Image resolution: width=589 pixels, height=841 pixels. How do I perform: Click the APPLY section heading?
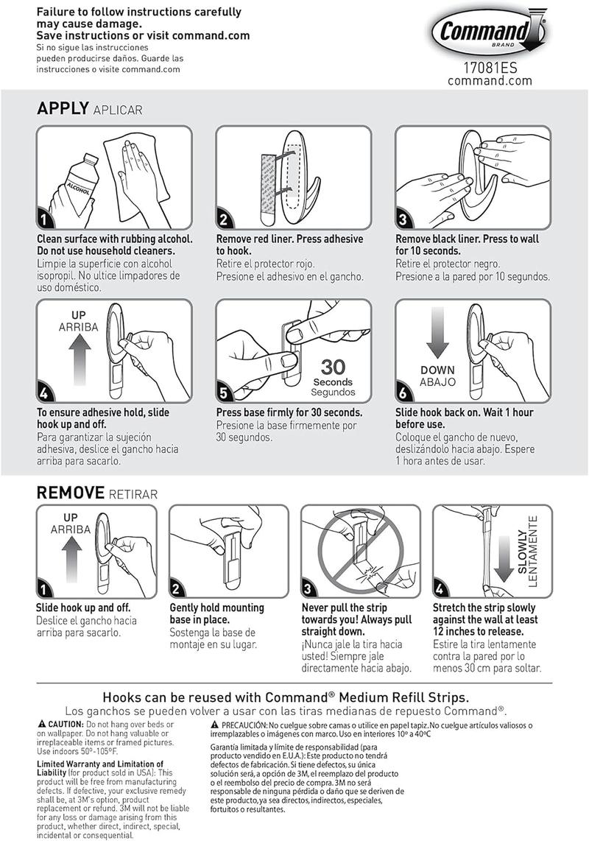[63, 108]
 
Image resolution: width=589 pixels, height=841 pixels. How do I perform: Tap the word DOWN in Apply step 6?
[437, 370]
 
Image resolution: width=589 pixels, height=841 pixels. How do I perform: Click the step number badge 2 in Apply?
[224, 219]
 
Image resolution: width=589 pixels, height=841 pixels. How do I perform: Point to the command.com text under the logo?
[490, 81]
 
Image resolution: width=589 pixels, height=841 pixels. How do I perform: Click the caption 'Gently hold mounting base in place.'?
[216, 613]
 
